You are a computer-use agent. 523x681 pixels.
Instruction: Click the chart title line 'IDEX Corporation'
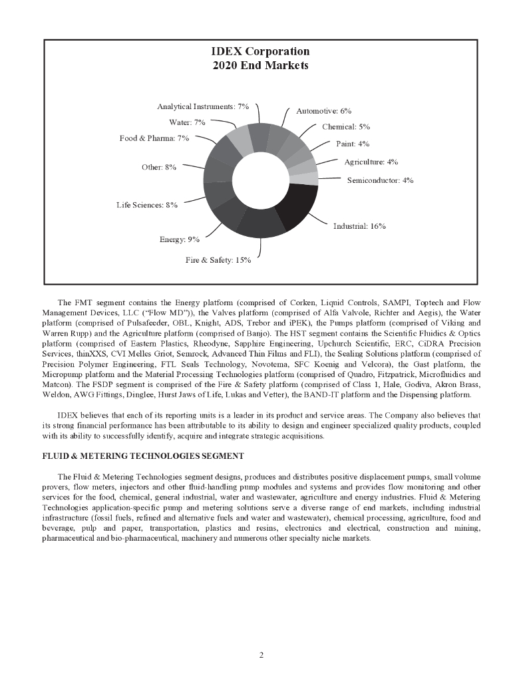click(x=260, y=52)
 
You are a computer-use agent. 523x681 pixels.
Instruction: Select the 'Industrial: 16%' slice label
click(x=359, y=226)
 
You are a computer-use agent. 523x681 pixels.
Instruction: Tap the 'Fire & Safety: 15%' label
click(x=218, y=260)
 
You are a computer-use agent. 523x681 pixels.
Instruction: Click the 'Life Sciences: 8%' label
click(x=146, y=205)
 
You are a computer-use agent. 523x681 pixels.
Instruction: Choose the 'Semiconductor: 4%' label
click(x=380, y=180)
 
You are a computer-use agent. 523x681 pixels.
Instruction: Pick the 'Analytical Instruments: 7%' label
click(x=202, y=106)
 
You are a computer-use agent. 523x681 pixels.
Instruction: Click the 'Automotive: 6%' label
click(x=323, y=111)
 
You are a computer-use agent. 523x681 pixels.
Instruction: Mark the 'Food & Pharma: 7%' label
click(x=154, y=138)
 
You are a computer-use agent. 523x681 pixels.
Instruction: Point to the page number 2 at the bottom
click(x=261, y=655)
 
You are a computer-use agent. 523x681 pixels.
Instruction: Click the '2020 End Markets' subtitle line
click(x=260, y=66)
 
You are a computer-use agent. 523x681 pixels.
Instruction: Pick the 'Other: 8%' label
click(x=158, y=168)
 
